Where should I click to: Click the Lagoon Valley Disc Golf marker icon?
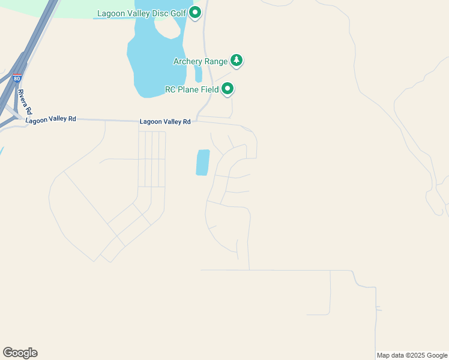coord(195,12)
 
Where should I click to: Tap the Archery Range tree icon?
coord(237,61)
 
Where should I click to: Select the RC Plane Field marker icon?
coord(228,89)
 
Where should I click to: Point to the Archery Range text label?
coord(200,61)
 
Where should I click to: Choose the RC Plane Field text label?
coord(191,90)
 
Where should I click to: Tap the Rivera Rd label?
coord(23,102)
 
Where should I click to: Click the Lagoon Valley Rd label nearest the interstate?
coord(51,119)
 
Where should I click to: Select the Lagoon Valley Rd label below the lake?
coord(165,121)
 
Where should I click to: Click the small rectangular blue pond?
coord(203,162)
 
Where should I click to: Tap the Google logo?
coord(20,353)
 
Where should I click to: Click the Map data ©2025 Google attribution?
coord(412,355)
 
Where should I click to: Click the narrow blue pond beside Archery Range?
coord(198,74)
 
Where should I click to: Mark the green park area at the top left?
coord(90,8)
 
